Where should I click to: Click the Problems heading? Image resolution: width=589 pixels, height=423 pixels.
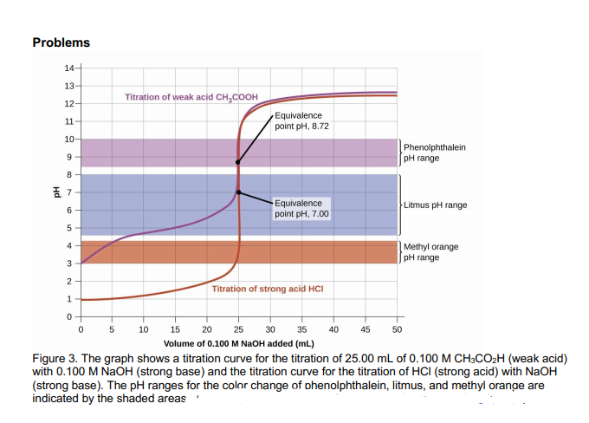pos(61,42)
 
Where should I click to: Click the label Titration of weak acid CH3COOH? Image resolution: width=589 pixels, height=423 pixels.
pos(191,97)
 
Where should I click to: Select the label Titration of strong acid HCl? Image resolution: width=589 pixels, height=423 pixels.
pos(267,288)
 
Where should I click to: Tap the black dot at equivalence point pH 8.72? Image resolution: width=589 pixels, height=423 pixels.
pos(238,162)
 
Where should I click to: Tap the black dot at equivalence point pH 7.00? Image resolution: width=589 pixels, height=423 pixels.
pos(238,192)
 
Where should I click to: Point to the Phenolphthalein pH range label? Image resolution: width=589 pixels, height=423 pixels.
pos(434,153)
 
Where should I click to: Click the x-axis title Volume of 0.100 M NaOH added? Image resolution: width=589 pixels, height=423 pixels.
pos(238,343)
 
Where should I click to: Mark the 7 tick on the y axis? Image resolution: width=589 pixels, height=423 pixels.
pos(71,192)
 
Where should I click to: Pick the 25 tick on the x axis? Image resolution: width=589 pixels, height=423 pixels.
pos(238,329)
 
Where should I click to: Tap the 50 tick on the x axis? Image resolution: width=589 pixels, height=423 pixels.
pos(397,329)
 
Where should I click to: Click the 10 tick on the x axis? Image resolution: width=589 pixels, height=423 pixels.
pos(144,329)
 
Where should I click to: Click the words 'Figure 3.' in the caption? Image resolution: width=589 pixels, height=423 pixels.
pos(55,358)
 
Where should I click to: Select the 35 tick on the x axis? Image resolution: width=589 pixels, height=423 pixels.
pos(301,329)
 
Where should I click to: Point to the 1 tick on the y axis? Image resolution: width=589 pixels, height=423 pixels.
pos(71,300)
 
